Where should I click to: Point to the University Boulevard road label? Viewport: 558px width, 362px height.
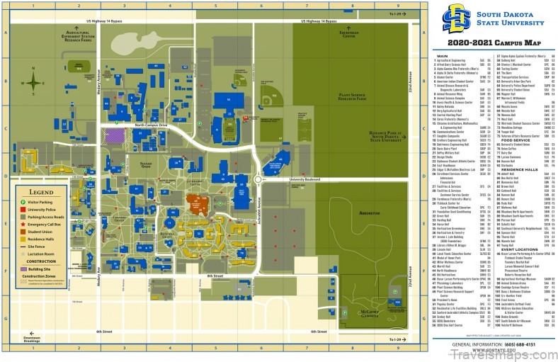305,179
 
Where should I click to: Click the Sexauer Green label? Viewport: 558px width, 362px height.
145,166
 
